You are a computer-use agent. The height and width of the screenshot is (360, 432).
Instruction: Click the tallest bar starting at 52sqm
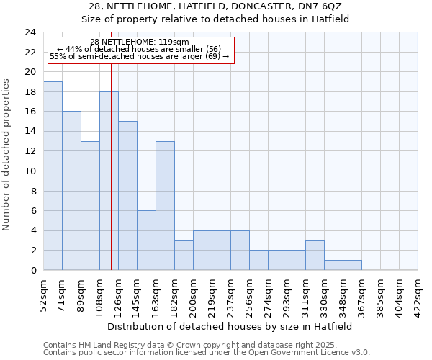(53, 176)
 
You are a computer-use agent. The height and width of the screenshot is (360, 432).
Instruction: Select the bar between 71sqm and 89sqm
(71, 191)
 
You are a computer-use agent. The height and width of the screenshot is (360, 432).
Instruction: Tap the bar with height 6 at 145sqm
(146, 240)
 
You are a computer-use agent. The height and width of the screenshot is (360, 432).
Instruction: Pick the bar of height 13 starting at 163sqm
(165, 205)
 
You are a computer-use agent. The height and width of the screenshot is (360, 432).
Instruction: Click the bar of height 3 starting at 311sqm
(315, 256)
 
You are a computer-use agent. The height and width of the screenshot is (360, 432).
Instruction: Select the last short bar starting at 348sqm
(352, 265)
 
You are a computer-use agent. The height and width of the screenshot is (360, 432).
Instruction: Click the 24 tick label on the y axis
(30, 32)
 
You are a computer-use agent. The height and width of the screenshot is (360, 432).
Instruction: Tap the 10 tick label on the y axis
(30, 171)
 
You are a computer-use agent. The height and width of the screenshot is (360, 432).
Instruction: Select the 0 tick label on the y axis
(32, 271)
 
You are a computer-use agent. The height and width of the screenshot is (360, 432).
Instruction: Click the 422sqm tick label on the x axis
(418, 294)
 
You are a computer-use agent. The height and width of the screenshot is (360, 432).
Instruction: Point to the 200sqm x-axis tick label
(193, 294)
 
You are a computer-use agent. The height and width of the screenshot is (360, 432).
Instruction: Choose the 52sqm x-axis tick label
(43, 294)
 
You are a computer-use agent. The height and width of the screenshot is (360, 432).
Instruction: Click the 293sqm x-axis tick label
(287, 294)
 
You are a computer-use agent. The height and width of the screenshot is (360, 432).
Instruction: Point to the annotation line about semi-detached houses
(140, 56)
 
